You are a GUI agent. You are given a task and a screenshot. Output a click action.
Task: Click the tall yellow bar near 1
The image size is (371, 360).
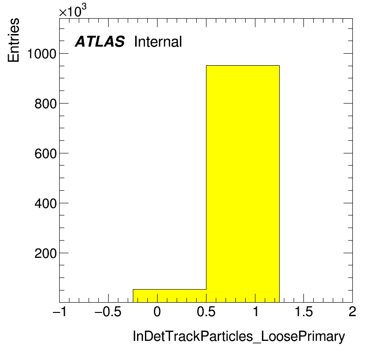pos(242,184)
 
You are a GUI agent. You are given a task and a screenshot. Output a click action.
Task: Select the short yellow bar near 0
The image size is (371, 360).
pos(169,296)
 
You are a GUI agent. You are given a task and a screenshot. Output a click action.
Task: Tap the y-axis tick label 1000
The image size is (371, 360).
pos(42,54)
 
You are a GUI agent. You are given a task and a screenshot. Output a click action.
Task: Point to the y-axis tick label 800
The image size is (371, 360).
pos(45,104)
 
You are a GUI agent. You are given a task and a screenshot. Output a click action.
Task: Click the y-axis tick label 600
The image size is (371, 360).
pos(45,153)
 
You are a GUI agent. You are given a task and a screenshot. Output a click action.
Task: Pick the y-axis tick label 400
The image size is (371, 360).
pos(45,204)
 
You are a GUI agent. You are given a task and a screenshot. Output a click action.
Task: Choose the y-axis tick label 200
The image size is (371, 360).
pos(45,254)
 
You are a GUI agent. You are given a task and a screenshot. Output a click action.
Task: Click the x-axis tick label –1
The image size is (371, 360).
pos(59,312)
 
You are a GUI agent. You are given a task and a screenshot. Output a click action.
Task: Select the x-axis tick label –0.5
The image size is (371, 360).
pos(108,312)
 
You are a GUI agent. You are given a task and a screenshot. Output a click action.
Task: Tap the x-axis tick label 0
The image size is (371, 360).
pos(157,312)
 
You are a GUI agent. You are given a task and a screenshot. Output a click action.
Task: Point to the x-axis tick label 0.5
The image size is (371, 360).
pos(206,312)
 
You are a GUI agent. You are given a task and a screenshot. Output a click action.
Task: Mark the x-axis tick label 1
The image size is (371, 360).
pos(256,312)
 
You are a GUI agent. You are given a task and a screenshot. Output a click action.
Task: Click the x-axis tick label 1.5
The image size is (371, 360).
pos(304,312)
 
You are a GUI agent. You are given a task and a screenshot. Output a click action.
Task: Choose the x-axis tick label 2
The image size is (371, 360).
pos(352,312)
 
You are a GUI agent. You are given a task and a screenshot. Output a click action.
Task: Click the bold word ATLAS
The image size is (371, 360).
pos(100,42)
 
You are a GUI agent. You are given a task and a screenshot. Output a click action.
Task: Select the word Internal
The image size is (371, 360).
pos(158,42)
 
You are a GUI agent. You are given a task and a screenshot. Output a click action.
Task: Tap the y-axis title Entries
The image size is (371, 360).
pos(14,40)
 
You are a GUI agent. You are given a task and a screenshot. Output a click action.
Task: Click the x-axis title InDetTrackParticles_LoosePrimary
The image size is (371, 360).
pos(239,336)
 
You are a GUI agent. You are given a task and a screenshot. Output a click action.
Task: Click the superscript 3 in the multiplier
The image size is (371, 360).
pos(83,7)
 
